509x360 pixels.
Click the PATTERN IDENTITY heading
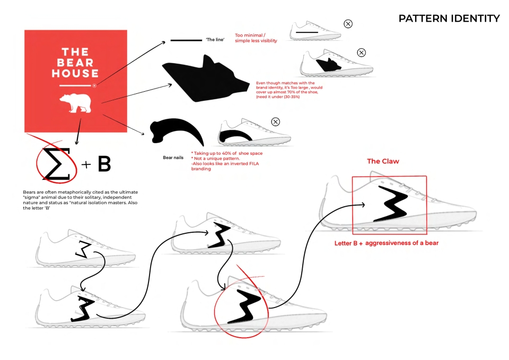[x=449, y=19]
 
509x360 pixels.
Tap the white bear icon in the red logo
[x=75, y=102]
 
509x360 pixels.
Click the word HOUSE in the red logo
[x=75, y=73]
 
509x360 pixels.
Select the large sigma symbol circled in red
[x=57, y=164]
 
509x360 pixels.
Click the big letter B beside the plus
[x=104, y=164]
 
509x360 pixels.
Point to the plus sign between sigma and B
[x=86, y=164]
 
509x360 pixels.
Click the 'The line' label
[x=215, y=40]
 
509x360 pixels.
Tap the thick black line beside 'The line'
[x=186, y=40]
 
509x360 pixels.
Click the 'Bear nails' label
[x=173, y=157]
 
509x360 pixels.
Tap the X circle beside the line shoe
[x=348, y=24]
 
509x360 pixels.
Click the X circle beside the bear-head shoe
[x=361, y=52]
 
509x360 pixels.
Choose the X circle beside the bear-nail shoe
[x=276, y=122]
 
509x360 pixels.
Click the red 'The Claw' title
[x=383, y=161]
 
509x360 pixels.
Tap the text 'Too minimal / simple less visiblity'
[x=256, y=38]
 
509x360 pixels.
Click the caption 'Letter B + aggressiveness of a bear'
[x=387, y=243]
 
